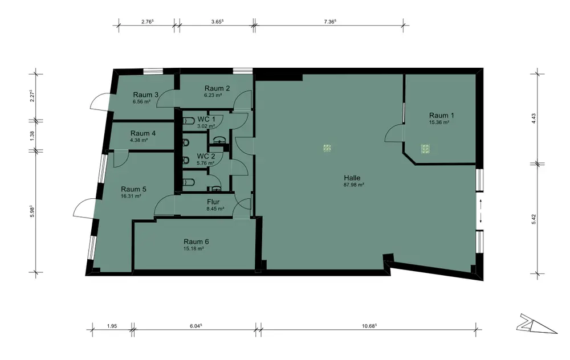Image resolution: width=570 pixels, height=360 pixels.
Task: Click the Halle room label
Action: pyautogui.click(x=352, y=178)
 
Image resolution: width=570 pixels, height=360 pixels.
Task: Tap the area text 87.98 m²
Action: pyautogui.click(x=354, y=185)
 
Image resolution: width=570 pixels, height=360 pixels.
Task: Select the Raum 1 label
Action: pyautogui.click(x=441, y=116)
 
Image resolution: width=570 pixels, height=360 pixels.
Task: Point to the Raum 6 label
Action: pyautogui.click(x=196, y=242)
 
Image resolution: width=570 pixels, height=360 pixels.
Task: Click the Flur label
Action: pyautogui.click(x=213, y=202)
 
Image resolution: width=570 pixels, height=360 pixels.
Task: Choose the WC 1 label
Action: pyautogui.click(x=206, y=119)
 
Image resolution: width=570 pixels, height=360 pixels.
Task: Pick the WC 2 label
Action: pyautogui.click(x=206, y=156)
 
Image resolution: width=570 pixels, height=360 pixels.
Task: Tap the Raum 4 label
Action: pyautogui.click(x=143, y=133)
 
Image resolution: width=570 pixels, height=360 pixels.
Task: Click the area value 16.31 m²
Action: pyautogui.click(x=131, y=196)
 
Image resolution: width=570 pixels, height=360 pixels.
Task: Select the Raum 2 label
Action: pyautogui.click(x=217, y=88)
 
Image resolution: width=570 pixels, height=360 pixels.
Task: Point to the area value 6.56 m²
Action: pyautogui.click(x=142, y=102)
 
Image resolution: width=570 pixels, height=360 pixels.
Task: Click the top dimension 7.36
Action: pyautogui.click(x=329, y=22)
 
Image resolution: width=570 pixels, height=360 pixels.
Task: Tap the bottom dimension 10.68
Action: pyautogui.click(x=369, y=326)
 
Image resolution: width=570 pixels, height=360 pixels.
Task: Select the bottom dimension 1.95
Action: pyautogui.click(x=112, y=326)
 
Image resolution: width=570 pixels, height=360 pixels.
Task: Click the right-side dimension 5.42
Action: pyautogui.click(x=534, y=219)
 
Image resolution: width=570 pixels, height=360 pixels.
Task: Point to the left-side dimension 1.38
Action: pyautogui.click(x=32, y=136)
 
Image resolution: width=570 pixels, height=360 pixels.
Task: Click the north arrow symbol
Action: pyautogui.click(x=536, y=324)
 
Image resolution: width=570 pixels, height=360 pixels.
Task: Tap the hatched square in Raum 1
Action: pyautogui.click(x=425, y=149)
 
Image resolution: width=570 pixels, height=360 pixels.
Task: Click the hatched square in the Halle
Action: pyautogui.click(x=327, y=148)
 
